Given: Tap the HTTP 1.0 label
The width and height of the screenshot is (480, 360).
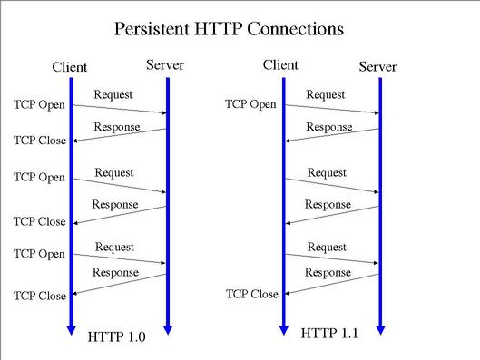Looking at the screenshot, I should point(116,336).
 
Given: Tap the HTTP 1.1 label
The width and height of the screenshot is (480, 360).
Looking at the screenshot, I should point(329,333).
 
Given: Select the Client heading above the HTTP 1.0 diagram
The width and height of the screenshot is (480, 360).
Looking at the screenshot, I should point(71,66).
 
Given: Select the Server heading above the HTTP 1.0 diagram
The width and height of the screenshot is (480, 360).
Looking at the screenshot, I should point(165,64).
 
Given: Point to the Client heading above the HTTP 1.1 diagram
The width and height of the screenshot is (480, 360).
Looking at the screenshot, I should point(281,64).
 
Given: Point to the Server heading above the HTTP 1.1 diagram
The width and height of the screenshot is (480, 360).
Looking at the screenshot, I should point(378,66).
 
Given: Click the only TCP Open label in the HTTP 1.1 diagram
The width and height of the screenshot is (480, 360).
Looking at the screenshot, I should point(250,104).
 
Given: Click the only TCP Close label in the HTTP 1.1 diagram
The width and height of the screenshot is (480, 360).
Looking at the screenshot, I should point(251,294).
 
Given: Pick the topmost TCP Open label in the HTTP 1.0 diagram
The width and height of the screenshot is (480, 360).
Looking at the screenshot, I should point(39,104).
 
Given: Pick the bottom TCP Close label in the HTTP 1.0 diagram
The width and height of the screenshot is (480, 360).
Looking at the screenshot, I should point(39,296).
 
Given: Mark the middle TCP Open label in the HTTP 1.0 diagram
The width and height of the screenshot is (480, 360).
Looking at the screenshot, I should point(39,178).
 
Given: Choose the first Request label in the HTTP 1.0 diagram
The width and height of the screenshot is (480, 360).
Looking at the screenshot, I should point(113,93).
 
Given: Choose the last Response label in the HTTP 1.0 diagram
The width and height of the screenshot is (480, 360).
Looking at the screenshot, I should point(115,272).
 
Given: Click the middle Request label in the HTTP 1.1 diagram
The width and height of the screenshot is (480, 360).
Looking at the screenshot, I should point(327,172).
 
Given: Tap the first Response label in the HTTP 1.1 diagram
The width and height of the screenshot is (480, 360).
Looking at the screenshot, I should point(328,127).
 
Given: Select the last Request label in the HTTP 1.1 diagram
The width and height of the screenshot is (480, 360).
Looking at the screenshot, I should point(327,247).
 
